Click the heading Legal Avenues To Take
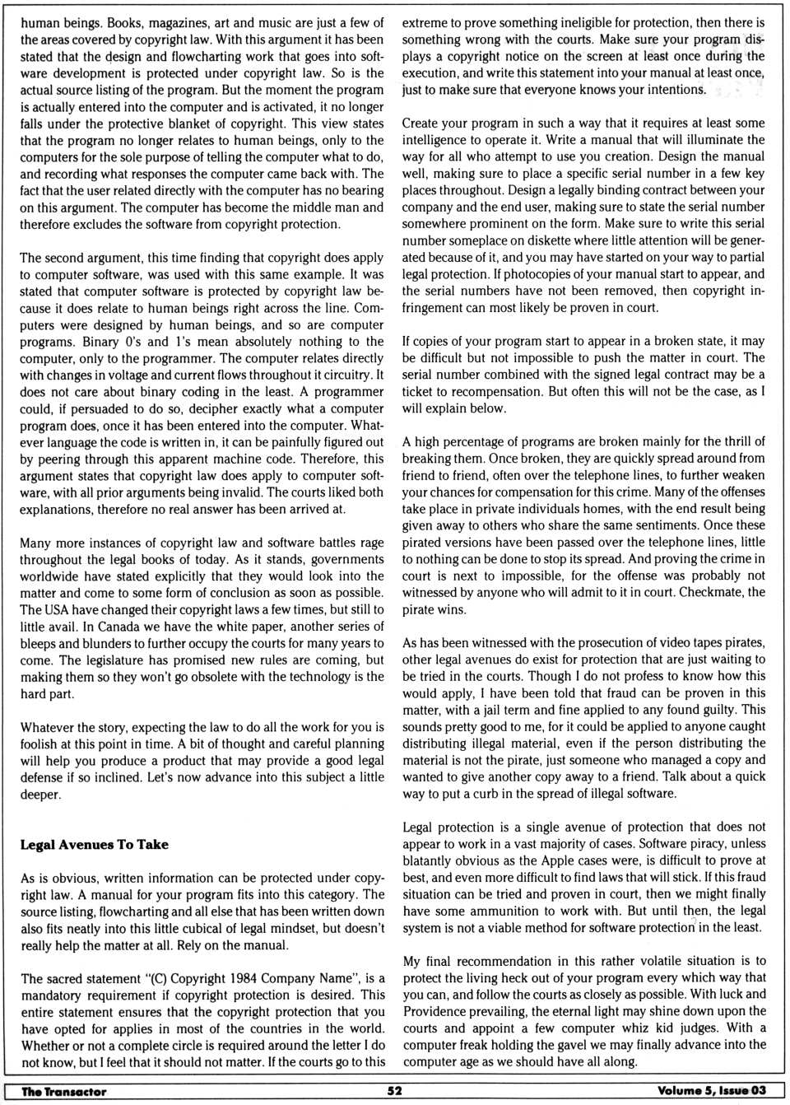94,845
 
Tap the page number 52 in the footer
395,1091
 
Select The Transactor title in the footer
63,1092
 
